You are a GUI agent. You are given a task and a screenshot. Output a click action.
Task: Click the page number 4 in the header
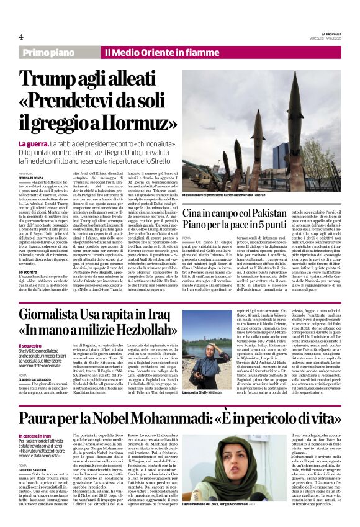coord(21,37)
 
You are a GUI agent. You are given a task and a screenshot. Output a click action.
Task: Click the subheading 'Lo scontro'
coord(29,272)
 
